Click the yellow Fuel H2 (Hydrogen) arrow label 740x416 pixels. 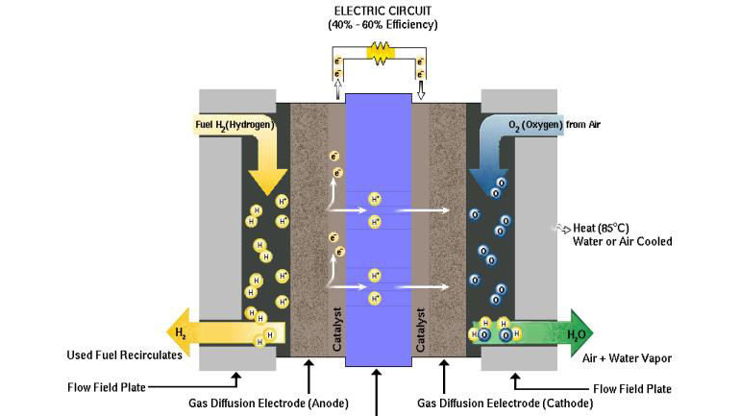tap(231, 125)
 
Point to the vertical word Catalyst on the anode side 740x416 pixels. tap(336, 330)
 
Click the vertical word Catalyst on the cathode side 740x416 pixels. tap(420, 330)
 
